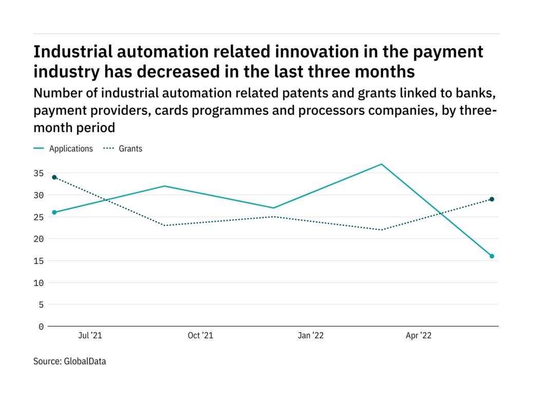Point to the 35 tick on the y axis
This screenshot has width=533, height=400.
click(39, 173)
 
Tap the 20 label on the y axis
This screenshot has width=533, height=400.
click(39, 239)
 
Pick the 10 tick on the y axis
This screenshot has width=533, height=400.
click(39, 283)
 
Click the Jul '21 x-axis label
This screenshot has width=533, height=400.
click(90, 336)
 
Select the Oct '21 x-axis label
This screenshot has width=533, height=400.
click(200, 336)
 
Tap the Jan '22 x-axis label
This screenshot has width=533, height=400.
click(311, 336)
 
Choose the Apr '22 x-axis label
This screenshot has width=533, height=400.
click(419, 336)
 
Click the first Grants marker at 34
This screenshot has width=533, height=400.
click(54, 177)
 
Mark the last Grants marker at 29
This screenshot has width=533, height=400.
click(491, 199)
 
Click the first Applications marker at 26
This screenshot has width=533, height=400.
click(54, 212)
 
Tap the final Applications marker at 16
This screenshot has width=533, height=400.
click(491, 256)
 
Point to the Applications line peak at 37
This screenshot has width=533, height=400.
click(382, 164)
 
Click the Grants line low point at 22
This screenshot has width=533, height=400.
click(382, 230)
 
